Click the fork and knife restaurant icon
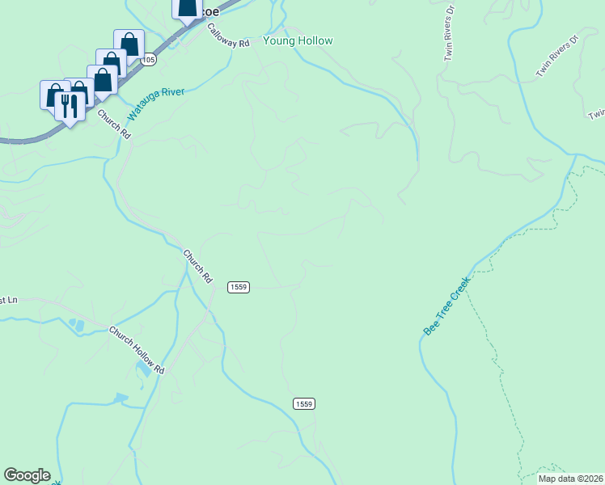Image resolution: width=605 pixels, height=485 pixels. click(x=70, y=103)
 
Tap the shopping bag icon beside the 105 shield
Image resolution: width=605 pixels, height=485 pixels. click(x=129, y=43)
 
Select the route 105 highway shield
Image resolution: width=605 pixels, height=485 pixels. click(x=147, y=60)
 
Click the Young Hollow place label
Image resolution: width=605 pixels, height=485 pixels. click(x=298, y=40)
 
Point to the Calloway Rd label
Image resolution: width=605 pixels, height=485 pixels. click(x=228, y=36)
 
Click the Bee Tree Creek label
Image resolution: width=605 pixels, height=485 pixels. click(x=446, y=306)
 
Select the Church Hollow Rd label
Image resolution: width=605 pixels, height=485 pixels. click(x=137, y=349)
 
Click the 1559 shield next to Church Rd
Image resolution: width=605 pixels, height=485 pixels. click(x=239, y=287)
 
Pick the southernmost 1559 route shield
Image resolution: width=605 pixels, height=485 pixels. click(x=304, y=403)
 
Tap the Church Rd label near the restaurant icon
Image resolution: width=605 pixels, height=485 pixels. click(x=114, y=123)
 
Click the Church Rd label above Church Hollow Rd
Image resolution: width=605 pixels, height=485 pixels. click(x=197, y=265)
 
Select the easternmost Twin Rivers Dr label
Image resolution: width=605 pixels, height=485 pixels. click(x=558, y=56)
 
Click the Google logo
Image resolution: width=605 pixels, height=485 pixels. click(x=27, y=475)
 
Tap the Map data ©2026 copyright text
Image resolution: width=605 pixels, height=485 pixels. click(x=569, y=479)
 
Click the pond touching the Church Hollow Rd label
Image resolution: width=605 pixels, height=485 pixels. click(x=142, y=369)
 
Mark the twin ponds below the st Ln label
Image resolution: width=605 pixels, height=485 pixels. click(x=78, y=326)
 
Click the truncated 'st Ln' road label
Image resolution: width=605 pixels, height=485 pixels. click(x=7, y=300)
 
